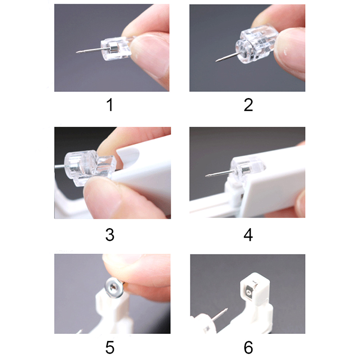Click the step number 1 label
click(x=110, y=105)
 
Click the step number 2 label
click(x=248, y=105)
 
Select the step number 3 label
click(x=110, y=234)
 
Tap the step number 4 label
click(x=248, y=234)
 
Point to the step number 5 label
click(x=110, y=347)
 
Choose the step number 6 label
click(x=248, y=347)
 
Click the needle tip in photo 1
click(x=76, y=53)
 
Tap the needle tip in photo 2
click(x=216, y=61)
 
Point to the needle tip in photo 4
click(x=206, y=176)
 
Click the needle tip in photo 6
click(x=227, y=309)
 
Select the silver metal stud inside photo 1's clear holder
click(x=112, y=48)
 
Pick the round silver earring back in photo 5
click(x=114, y=288)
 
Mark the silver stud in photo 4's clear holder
click(x=244, y=170)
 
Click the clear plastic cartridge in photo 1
click(x=115, y=49)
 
